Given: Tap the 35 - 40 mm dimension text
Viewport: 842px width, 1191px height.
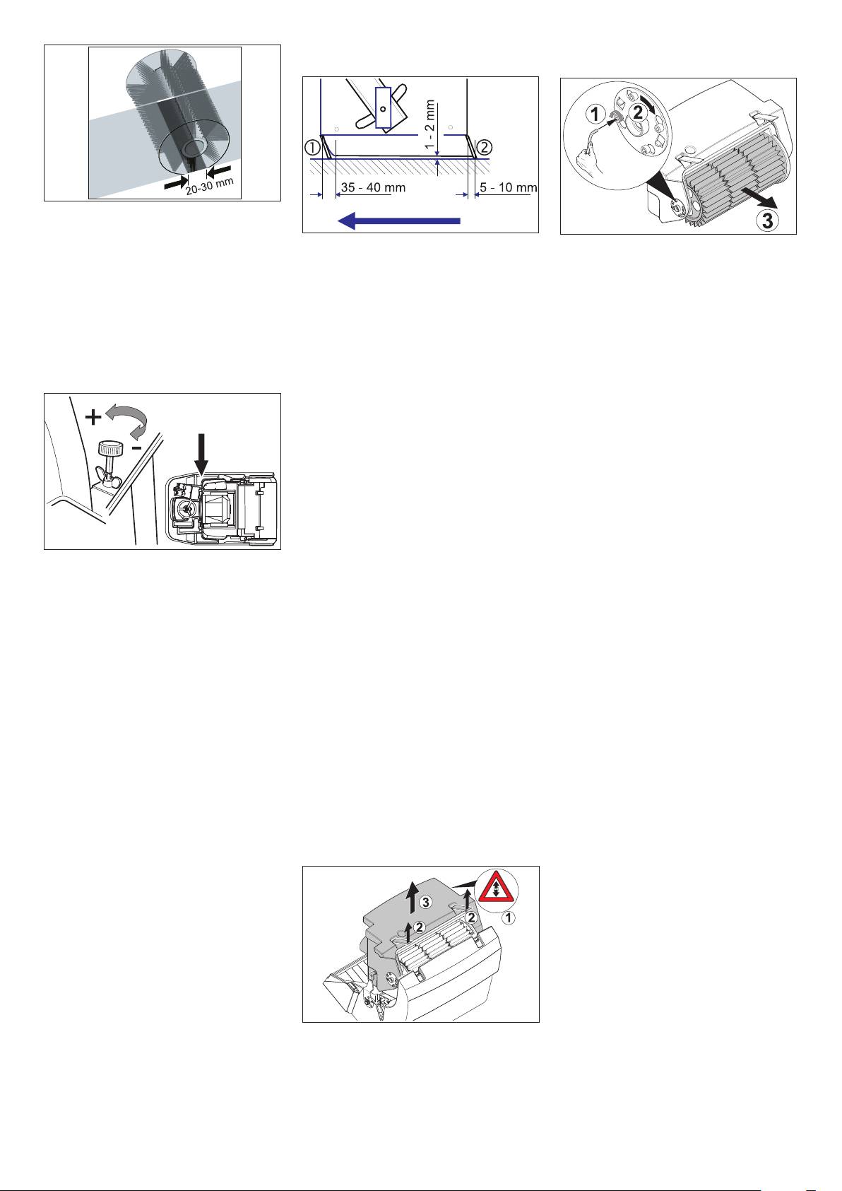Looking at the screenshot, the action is [373, 187].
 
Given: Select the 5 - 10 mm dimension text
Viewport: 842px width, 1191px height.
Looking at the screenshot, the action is [509, 187].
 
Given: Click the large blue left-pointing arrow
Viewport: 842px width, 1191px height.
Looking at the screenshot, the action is [399, 220].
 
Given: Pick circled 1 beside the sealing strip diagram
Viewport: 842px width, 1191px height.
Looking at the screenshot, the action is [312, 147].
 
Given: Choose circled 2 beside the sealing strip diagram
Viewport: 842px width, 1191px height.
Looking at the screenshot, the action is [485, 147].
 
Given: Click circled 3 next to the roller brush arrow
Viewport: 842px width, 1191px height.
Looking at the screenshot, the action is [768, 220].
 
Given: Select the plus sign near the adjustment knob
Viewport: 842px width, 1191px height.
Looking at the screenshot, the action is [93, 418].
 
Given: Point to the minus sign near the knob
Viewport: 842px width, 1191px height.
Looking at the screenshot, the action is [136, 448].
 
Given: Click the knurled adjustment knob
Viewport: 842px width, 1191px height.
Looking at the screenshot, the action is [109, 447].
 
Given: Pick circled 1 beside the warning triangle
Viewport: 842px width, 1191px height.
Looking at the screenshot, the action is [509, 917].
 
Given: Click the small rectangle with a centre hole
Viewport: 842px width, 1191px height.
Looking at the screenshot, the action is [382, 108].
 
